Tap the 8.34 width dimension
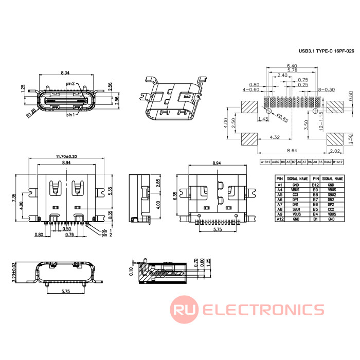[65, 73]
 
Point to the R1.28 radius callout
[31, 112]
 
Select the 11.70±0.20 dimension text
[66, 156]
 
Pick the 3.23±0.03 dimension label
[14, 272]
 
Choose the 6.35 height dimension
[175, 196]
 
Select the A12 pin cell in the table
[280, 219]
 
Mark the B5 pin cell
[316, 209]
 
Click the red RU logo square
[184, 309]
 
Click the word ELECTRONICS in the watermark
[263, 309]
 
